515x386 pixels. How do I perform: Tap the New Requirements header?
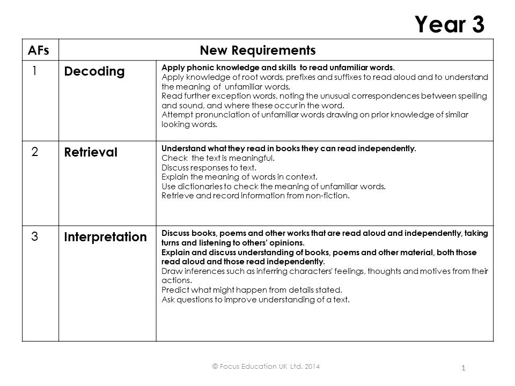pos(257,50)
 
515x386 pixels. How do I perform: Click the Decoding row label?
pos(94,71)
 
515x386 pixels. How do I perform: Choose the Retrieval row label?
pos(91,152)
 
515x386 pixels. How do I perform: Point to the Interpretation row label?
pos(105,236)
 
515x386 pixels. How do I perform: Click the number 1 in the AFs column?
pos(34,70)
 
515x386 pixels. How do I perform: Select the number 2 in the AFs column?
pos(34,152)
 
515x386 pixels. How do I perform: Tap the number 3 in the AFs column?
pos(34,236)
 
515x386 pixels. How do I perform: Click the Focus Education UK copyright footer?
pos(267,366)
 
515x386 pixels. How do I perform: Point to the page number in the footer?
pos(463,368)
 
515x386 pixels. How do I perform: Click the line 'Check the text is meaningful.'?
pos(218,158)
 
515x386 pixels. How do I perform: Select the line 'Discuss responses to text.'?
pos(210,167)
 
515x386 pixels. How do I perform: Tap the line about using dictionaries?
pos(274,186)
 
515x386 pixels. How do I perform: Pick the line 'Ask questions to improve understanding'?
pos(255,299)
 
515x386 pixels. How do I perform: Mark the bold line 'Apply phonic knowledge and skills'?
pos(278,68)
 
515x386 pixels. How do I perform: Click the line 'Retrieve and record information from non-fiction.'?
pos(255,195)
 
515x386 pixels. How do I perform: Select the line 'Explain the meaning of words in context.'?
pos(240,176)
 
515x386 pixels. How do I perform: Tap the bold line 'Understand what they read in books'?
pos(289,149)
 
